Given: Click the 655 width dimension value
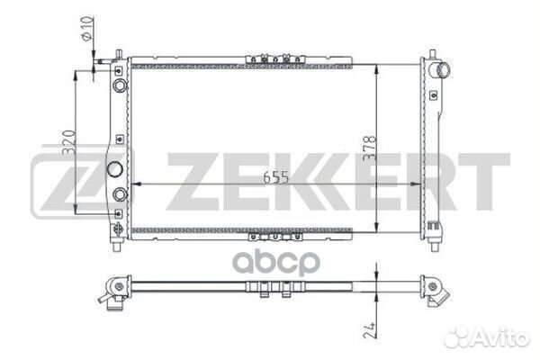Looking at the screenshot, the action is pyautogui.click(x=276, y=177).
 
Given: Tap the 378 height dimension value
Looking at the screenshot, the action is pyautogui.click(x=370, y=148).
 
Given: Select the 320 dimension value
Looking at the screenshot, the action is pyautogui.click(x=68, y=141).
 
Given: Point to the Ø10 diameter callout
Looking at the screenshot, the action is pyautogui.click(x=87, y=28).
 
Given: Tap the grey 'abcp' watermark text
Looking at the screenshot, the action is pyautogui.click(x=276, y=263).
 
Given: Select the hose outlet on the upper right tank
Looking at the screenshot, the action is pyautogui.click(x=444, y=70).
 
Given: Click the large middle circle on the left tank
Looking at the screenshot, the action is pyautogui.click(x=114, y=169).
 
